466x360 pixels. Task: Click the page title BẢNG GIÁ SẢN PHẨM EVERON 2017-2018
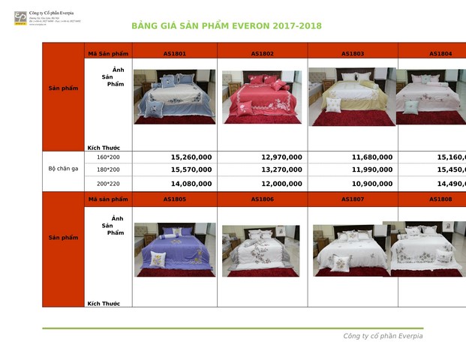coord(226,26)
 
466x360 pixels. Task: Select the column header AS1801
coord(174,54)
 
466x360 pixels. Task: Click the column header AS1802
coord(262,54)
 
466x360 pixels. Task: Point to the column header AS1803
coord(353,54)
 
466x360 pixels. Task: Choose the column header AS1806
coord(262,199)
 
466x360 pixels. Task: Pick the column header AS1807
coord(353,199)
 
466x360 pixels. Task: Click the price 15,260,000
coord(191,157)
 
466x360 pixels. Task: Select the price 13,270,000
coord(281,170)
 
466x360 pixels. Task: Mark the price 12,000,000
coord(281,183)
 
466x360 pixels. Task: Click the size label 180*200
coord(108,170)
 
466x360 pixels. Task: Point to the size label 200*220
coord(108,183)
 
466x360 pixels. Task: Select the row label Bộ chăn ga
coord(63,169)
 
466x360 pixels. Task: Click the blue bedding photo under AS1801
coord(174,97)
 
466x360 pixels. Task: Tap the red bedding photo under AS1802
coord(262,97)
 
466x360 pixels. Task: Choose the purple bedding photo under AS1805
coord(174,249)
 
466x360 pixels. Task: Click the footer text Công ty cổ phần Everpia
coord(383,336)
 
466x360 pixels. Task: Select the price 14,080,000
coord(191,183)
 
